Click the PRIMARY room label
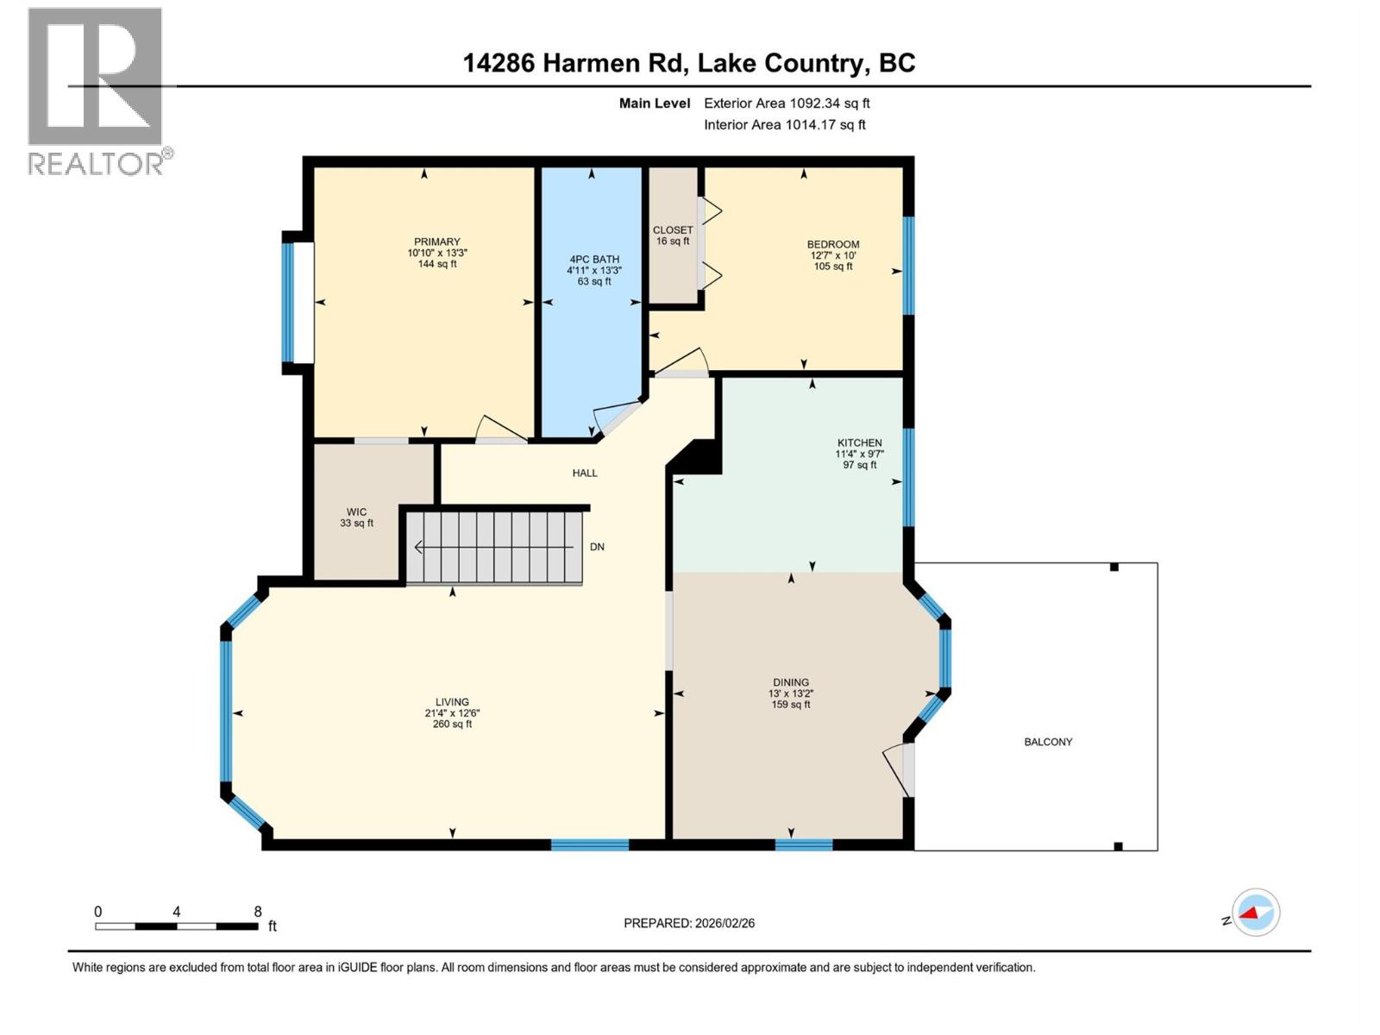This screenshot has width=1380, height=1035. click(436, 241)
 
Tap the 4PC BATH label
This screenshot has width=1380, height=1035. click(594, 259)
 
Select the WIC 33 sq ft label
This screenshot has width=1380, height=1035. click(357, 517)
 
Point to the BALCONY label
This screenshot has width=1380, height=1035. click(1048, 742)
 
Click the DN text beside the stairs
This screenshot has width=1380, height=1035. click(597, 547)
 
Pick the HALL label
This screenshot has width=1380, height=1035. click(585, 473)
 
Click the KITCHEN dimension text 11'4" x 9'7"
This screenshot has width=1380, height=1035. click(859, 454)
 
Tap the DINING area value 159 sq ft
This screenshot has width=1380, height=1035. click(791, 705)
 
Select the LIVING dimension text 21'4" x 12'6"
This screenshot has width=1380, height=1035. click(452, 713)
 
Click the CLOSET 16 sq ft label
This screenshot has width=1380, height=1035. click(673, 235)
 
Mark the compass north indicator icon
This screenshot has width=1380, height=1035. click(1255, 913)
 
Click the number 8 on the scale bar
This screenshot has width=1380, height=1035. click(258, 912)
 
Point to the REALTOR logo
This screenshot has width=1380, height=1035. click(97, 91)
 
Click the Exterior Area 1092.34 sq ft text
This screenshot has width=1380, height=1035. click(787, 103)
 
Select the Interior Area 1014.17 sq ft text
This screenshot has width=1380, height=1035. click(785, 124)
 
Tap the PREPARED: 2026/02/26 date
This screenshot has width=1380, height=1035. click(689, 923)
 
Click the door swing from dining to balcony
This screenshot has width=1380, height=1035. click(897, 769)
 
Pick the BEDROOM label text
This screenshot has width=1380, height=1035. click(833, 244)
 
